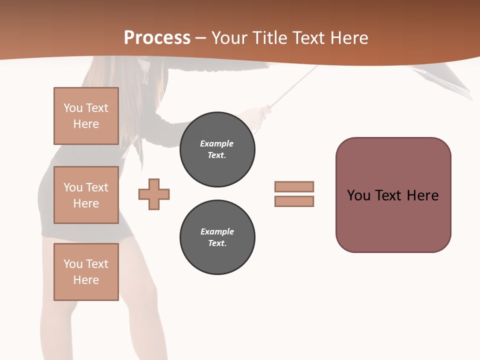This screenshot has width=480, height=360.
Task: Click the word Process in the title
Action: point(157,38)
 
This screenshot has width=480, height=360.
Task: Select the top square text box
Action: point(86,116)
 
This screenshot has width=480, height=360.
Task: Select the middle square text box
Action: point(86,195)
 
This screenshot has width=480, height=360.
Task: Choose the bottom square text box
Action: point(86,272)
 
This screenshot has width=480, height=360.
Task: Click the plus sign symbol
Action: point(154,194)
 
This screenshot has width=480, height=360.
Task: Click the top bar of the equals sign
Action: point(294,186)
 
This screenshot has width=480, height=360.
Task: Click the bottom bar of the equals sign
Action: point(294,201)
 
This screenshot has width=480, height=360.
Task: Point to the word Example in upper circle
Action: point(217,143)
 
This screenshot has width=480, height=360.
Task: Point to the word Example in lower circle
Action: point(217,231)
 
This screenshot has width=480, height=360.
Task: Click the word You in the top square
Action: point(73,108)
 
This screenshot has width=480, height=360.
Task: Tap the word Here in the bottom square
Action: point(86,280)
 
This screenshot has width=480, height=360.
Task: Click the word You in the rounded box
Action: point(358,195)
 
